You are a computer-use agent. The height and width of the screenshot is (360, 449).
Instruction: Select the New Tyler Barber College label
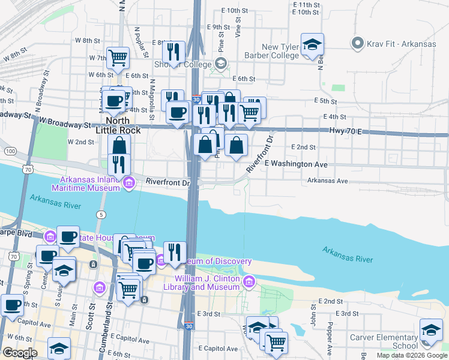click(x=280, y=51)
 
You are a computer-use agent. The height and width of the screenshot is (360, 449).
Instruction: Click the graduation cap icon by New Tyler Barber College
click(x=312, y=45)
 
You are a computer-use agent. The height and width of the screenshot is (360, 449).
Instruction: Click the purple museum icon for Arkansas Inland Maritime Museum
click(x=128, y=183)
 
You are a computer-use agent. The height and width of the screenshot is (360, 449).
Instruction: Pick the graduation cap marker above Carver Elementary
click(x=431, y=331)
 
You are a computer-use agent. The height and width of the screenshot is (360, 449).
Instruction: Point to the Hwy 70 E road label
click(x=345, y=130)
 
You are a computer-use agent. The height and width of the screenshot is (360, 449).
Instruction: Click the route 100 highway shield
click(x=10, y=151)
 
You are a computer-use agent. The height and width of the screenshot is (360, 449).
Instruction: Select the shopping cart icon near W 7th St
click(x=118, y=58)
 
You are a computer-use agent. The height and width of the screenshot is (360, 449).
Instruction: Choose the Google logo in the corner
click(x=20, y=353)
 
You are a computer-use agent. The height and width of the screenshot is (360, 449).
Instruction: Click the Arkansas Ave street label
click(x=327, y=180)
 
